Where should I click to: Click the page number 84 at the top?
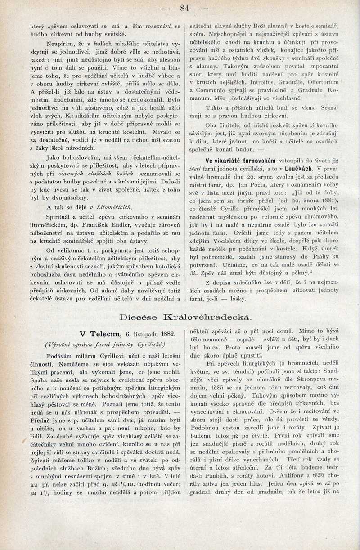click(184, 8)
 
